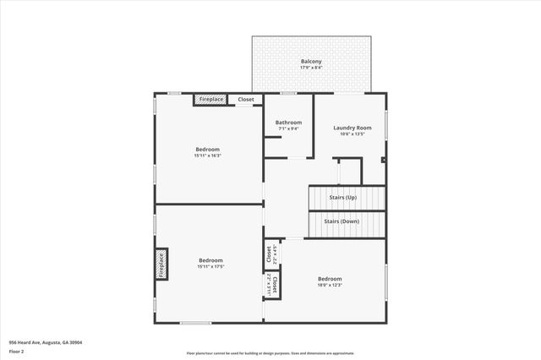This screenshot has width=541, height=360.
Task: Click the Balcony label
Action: [311, 61]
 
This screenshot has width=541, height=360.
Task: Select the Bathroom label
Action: [288, 123]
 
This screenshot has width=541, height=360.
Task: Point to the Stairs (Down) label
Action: [342, 221]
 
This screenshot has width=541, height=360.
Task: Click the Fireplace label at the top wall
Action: [210, 100]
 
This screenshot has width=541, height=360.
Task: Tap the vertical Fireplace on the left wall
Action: [161, 264]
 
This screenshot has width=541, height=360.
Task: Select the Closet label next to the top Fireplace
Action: [245, 100]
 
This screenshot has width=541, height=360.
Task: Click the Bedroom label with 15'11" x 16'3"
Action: [207, 150]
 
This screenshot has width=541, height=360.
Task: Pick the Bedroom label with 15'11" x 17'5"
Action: [210, 259]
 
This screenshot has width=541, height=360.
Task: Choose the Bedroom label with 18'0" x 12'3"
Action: [330, 278]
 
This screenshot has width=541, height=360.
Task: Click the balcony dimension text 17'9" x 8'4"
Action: [311, 68]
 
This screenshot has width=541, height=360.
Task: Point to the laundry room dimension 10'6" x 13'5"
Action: [352, 134]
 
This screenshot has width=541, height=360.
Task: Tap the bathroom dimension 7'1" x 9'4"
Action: [288, 129]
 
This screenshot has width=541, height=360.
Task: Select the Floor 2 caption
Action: [17, 350]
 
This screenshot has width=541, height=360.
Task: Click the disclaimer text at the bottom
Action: [270, 354]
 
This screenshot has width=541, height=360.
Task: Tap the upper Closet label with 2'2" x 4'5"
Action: [269, 253]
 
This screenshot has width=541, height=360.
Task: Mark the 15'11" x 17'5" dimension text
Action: [210, 267]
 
